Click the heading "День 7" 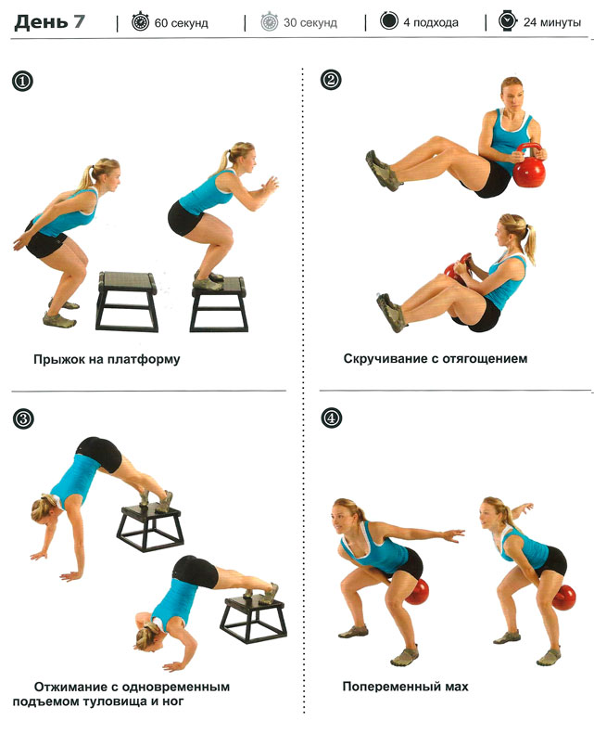tap(49, 22)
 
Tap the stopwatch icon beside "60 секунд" tap(140, 22)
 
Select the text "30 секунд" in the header tap(310, 22)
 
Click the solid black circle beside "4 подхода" tap(389, 21)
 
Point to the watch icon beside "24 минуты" tap(507, 21)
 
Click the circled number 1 tap(22, 82)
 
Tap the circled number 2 tap(331, 80)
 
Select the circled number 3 tap(23, 418)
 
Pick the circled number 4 tap(331, 418)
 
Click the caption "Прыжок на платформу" tap(107, 359)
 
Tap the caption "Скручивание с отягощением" tap(436, 358)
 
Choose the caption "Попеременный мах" tap(405, 687)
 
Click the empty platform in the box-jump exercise tap(127, 301)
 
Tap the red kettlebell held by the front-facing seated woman tap(529, 166)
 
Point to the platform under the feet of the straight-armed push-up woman tap(149, 528)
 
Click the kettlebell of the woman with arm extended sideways tap(417, 592)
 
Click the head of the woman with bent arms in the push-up tap(149, 636)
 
